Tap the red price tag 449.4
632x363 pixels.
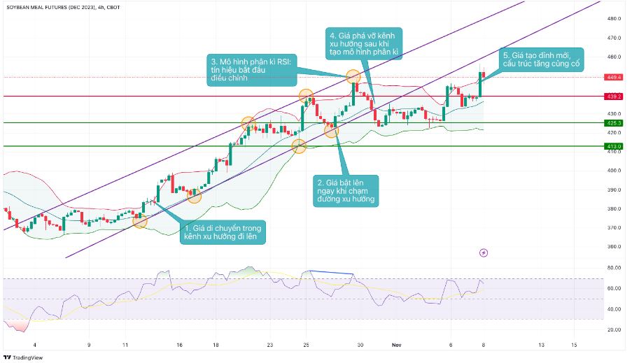pyautogui.click(x=615, y=77)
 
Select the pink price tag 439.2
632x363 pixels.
pyautogui.click(x=615, y=97)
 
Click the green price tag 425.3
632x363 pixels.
pyautogui.click(x=615, y=122)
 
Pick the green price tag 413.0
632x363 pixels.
pyautogui.click(x=615, y=146)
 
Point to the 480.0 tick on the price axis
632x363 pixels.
pyautogui.click(x=615, y=19)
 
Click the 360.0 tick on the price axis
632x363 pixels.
pyautogui.click(x=615, y=246)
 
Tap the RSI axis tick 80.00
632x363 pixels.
pyautogui.click(x=615, y=267)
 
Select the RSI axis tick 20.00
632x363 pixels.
pyautogui.click(x=615, y=329)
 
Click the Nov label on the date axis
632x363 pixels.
pyautogui.click(x=397, y=345)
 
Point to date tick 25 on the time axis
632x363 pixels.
pyautogui.click(x=306, y=345)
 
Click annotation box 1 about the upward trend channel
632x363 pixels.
pyautogui.click(x=223, y=232)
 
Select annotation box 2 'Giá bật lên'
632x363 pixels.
pyautogui.click(x=346, y=190)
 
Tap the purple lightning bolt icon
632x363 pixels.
pyautogui.click(x=484, y=252)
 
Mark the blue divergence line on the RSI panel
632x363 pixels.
pyautogui.click(x=333, y=271)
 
